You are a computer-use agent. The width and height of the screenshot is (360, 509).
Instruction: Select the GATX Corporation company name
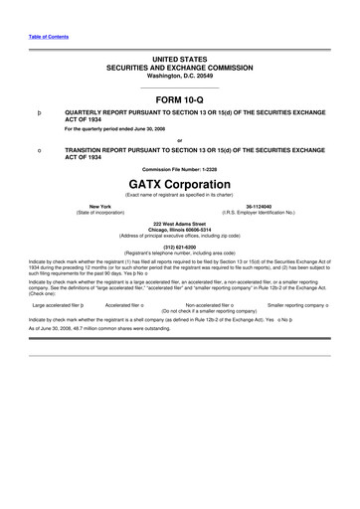[x=179, y=184]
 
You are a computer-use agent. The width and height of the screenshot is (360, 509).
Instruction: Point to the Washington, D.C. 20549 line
[x=179, y=75]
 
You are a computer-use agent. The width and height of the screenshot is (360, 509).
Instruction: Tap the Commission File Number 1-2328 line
[x=179, y=169]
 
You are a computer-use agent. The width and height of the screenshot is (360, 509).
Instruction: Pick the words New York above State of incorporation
[x=100, y=207]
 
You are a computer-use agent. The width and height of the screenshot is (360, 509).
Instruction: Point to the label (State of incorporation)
[x=100, y=213]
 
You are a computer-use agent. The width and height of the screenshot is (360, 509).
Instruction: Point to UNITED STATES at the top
[x=179, y=61]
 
